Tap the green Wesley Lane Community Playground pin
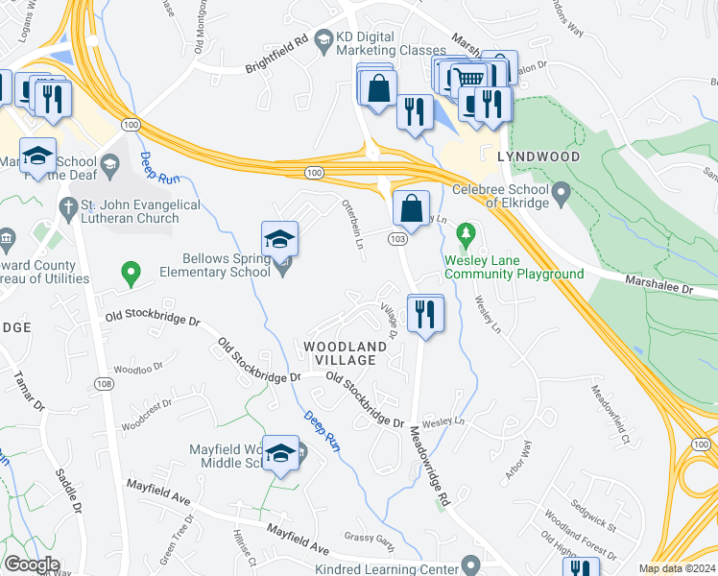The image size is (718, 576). tap(467, 233)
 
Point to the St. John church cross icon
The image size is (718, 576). tap(67, 205)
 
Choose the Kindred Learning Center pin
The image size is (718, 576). tap(469, 564)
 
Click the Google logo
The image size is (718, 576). tap(32, 564)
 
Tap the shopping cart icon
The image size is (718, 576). tap(468, 77)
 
